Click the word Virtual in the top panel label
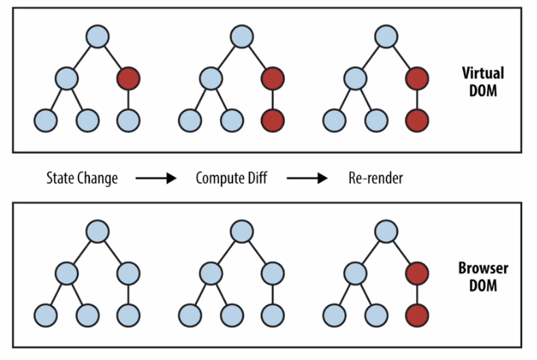pos(483,74)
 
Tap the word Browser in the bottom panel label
pos(483,268)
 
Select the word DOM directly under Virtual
pos(483,91)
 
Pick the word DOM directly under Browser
pos(483,286)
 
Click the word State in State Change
pos(60,178)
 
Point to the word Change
pos(97,179)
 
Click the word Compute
pos(217,179)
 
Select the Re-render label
pos(375,178)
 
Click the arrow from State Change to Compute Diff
pos(156,178)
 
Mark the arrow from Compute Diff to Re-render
pos(307,178)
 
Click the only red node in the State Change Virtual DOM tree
pos(128,79)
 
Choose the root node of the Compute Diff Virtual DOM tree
pos(242,36)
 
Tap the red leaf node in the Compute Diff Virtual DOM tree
pos(273,121)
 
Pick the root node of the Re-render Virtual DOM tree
pos(386,36)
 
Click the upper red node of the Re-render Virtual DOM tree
pos(417,79)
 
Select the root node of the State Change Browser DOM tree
pos(97,232)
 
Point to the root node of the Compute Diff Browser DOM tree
pos(242,232)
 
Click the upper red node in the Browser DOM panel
pos(417,273)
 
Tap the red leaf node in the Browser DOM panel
pos(417,316)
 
